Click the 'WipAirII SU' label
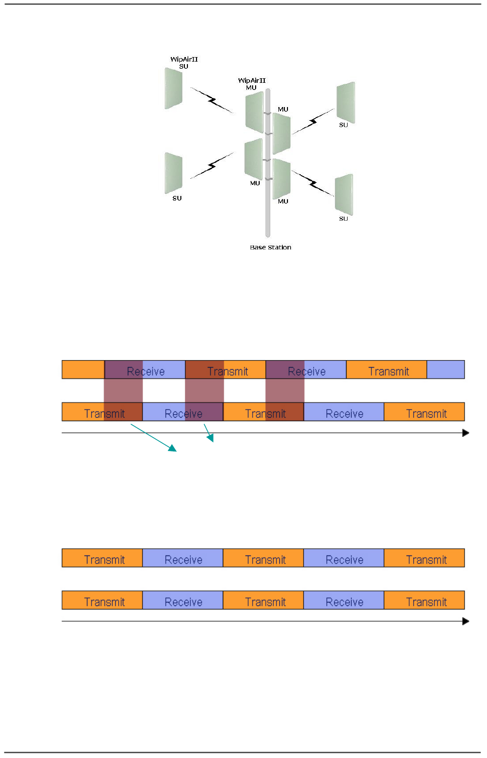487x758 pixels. pyautogui.click(x=184, y=63)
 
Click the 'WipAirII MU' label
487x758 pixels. pyautogui.click(x=252, y=84)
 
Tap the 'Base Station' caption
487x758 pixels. pyautogui.click(x=270, y=247)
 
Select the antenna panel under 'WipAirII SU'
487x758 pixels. pyautogui.click(x=173, y=89)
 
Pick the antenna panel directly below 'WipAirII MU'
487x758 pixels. pyautogui.click(x=254, y=112)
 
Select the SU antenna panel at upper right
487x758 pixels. pyautogui.click(x=346, y=103)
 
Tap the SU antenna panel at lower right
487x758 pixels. pyautogui.click(x=344, y=194)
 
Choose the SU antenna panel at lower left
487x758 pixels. pyautogui.click(x=173, y=173)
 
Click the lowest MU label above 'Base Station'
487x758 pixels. pyautogui.click(x=283, y=201)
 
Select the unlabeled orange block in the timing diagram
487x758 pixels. pyautogui.click(x=83, y=370)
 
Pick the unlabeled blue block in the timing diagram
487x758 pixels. pyautogui.click(x=446, y=370)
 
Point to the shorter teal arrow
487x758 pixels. pyautogui.click(x=209, y=433)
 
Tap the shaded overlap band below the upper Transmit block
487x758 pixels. pyautogui.click(x=204, y=390)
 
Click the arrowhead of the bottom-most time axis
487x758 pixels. pyautogui.click(x=466, y=621)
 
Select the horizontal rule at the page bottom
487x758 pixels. pyautogui.click(x=242, y=752)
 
